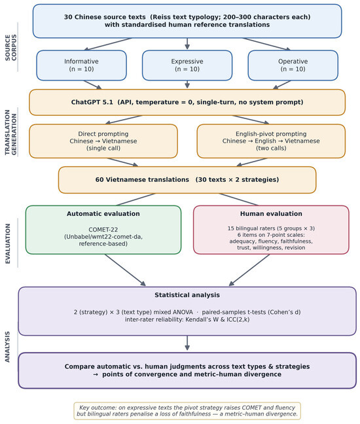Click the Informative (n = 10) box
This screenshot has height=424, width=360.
(81, 65)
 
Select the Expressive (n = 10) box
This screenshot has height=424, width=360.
(187, 65)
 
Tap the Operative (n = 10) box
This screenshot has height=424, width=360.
(293, 65)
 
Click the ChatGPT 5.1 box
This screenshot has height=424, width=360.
(187, 102)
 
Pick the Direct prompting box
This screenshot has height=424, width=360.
(103, 141)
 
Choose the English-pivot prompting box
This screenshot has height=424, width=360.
(271, 141)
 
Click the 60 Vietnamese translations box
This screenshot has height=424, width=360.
(187, 180)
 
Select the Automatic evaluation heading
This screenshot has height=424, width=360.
(103, 213)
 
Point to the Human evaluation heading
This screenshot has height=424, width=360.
(271, 213)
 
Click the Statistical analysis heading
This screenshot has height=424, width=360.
(187, 294)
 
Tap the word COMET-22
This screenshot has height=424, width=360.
(103, 230)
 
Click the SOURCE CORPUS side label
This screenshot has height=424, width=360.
(11, 48)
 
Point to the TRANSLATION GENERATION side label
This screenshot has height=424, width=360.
(11, 132)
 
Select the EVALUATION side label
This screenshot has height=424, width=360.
(8, 243)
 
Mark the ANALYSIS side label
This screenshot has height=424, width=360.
(7, 347)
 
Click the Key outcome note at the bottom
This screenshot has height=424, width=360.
(187, 411)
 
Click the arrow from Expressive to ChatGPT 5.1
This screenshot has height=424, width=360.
(187, 84)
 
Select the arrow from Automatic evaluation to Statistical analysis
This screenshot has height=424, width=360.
(125, 270)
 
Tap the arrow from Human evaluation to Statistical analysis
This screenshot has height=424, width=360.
(249, 270)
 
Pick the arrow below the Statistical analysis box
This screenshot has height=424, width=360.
(187, 343)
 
